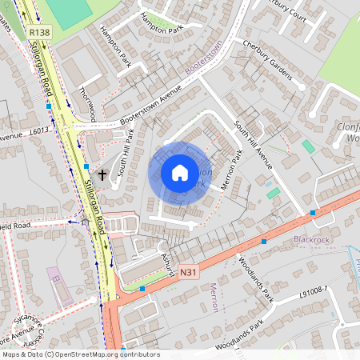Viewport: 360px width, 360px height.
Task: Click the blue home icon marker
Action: pyautogui.click(x=180, y=173)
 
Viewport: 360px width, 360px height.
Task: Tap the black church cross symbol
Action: pyautogui.click(x=102, y=174)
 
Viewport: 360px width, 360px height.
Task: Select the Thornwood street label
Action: pyautogui.click(x=86, y=104)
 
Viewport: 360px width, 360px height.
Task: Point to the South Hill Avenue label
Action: pyautogui.click(x=253, y=145)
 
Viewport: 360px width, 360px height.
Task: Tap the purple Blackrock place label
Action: pyautogui.click(x=311, y=239)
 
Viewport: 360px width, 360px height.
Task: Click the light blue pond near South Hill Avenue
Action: pyautogui.click(x=308, y=146)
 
